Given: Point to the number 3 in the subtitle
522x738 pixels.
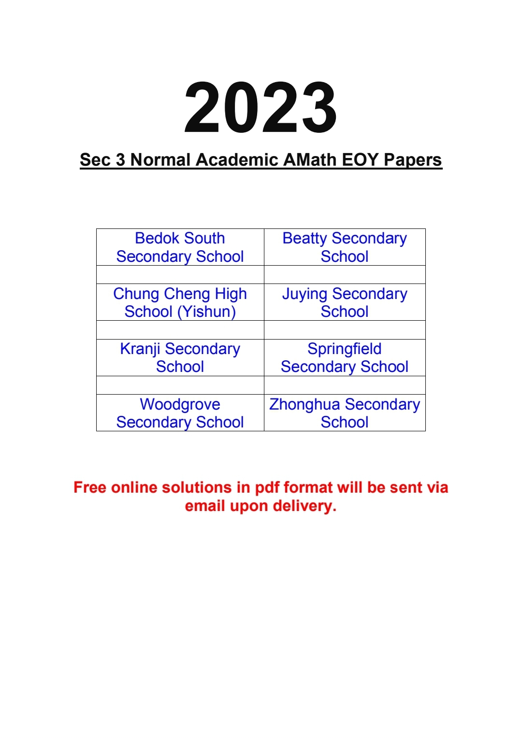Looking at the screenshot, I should (120, 160).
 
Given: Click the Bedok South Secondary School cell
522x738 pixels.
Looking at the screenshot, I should (180, 247).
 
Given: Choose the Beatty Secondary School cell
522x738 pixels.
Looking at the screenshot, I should (345, 247).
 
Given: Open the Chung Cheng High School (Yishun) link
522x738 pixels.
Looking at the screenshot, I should (180, 303).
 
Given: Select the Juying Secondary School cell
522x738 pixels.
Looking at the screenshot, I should (345, 303).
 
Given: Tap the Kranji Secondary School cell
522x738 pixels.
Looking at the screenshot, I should (180, 358).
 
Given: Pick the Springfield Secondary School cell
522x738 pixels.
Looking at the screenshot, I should (345, 358).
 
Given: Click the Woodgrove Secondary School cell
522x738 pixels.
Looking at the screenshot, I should (180, 413).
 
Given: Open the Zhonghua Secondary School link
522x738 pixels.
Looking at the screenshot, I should (345, 413).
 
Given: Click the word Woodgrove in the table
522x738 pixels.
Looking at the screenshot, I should (180, 404).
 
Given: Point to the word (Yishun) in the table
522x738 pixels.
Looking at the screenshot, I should (206, 312).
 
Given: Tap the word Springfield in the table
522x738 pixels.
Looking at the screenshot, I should (345, 349).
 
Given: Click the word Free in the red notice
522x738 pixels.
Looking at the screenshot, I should (90, 487).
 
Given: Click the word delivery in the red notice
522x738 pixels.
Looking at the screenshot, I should (304, 506).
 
